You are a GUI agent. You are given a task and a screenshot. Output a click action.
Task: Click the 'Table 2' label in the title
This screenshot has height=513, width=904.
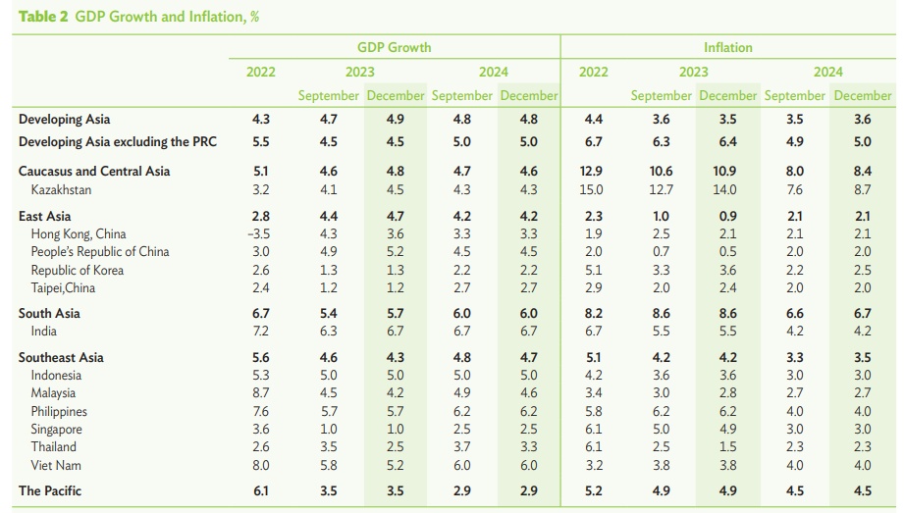(39, 18)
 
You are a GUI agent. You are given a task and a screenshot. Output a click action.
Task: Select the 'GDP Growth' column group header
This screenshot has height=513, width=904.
(394, 47)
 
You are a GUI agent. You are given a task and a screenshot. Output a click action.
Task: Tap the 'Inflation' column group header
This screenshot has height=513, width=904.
(727, 47)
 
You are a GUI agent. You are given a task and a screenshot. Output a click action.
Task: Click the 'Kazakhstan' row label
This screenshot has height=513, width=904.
(61, 189)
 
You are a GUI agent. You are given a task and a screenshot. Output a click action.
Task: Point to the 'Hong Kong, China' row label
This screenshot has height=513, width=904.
(80, 234)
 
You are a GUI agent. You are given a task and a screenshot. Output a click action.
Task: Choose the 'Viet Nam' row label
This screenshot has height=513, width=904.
(56, 465)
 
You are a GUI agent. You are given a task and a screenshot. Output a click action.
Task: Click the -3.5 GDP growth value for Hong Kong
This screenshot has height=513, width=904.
(260, 234)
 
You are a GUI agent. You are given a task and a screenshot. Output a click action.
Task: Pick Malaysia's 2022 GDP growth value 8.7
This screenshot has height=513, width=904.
(261, 393)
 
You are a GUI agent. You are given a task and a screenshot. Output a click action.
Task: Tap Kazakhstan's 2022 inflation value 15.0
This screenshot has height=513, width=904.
(593, 189)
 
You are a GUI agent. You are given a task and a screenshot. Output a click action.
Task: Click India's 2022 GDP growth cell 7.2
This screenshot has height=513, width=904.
(261, 332)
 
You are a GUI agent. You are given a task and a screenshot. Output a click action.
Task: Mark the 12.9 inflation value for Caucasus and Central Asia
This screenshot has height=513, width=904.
(593, 172)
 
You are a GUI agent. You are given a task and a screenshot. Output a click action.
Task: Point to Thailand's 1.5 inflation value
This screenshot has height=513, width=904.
(726, 447)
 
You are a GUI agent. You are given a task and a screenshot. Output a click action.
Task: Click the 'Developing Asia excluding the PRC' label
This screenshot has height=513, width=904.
(118, 141)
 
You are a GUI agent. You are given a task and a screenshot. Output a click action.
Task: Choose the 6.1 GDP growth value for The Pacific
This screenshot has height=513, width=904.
(261, 490)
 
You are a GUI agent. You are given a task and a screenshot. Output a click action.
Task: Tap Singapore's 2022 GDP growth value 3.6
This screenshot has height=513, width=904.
(261, 430)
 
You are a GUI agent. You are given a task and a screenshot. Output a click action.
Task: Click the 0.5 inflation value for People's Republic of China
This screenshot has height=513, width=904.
(726, 252)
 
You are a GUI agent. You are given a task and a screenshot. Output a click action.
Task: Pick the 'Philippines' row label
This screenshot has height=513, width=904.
(59, 412)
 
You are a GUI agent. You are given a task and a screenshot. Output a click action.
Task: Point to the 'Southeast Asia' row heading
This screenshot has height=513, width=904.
(61, 358)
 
